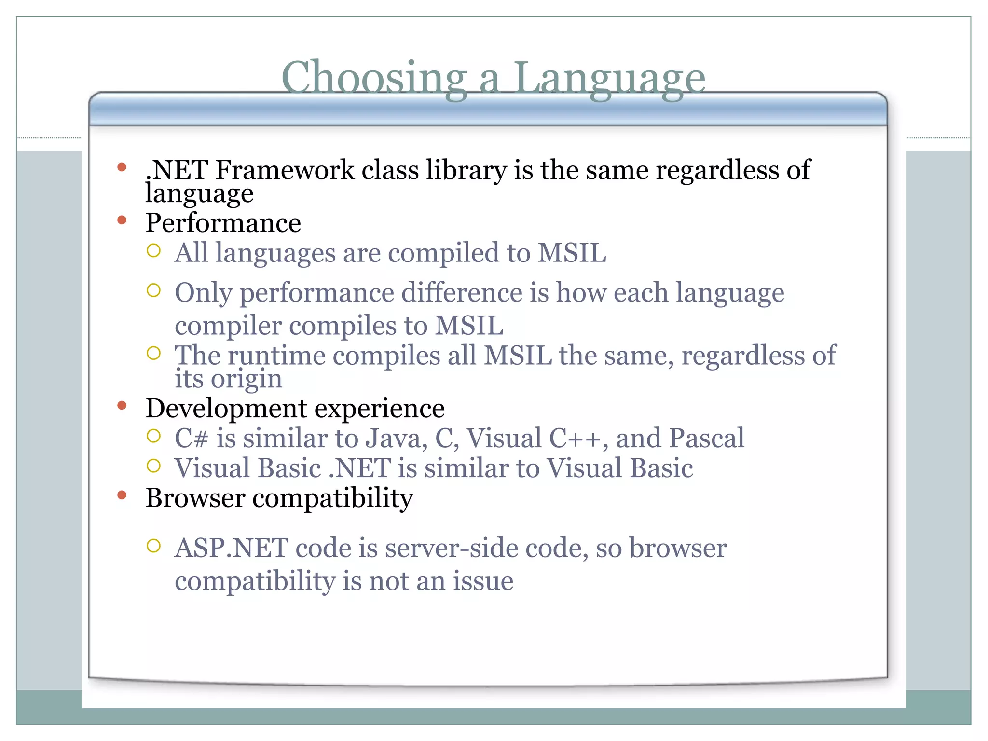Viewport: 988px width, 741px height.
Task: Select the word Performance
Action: (x=223, y=223)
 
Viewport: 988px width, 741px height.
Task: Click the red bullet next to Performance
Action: (x=122, y=220)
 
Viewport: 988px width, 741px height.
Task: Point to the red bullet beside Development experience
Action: (x=122, y=406)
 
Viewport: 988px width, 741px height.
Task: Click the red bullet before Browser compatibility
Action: (x=122, y=495)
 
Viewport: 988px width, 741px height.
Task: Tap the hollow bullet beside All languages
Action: (x=153, y=250)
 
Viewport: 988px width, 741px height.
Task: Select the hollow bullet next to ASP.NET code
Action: (x=153, y=546)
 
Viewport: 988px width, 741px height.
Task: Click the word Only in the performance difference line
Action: (x=203, y=293)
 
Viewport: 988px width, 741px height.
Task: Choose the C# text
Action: (x=192, y=438)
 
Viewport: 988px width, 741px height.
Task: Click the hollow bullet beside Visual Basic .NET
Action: (x=153, y=466)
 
